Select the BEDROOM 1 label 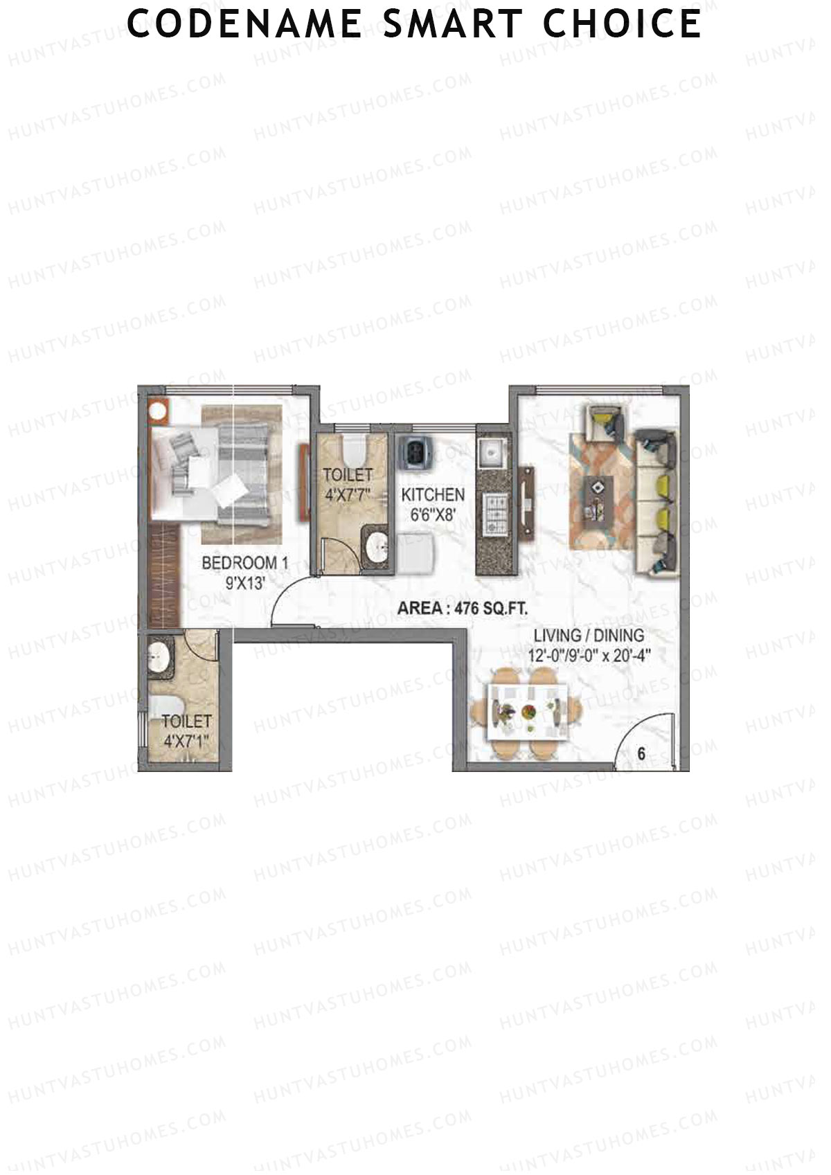tap(244, 563)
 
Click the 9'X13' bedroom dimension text tap(245, 583)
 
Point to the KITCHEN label tap(433, 495)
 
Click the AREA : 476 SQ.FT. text tap(462, 609)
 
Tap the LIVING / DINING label tap(589, 635)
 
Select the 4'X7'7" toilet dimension tap(348, 494)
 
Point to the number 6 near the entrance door tap(641, 753)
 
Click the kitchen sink tap(494, 453)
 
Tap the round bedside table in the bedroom tap(159, 411)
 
